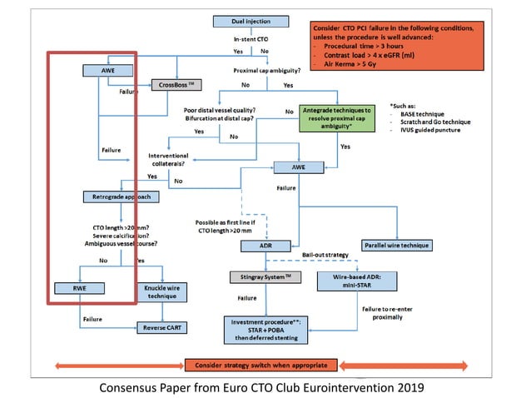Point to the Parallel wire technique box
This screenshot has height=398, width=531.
(397, 246)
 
